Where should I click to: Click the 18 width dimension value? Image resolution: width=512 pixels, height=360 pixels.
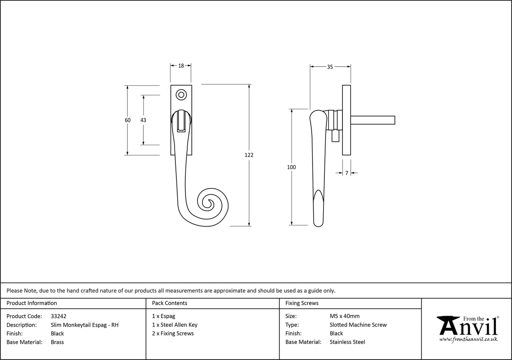pos(181,65)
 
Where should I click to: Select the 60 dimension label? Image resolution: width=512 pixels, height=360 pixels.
pos(127,120)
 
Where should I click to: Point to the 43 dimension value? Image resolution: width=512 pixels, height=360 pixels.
pos(143,120)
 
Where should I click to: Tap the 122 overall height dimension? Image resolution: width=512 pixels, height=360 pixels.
pos(249,155)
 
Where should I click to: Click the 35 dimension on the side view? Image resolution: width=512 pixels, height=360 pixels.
pos(330,67)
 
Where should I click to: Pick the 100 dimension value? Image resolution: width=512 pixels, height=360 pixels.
pos(291,167)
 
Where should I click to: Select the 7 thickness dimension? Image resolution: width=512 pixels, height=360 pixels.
pos(347,173)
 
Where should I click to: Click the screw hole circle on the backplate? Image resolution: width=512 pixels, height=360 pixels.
pos(181,95)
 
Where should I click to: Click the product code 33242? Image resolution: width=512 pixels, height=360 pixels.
pos(59,316)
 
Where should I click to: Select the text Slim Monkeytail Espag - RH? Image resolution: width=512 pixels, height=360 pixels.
pos(85,325)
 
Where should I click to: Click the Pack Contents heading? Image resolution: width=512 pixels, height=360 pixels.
pos(170,303)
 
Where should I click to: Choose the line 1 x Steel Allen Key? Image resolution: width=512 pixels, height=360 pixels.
pos(175,325)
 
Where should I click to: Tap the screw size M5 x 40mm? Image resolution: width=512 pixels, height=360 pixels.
pos(345,316)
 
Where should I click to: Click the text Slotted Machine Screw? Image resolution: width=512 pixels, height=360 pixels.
pos(358,325)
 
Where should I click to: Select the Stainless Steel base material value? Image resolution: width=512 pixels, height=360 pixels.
pos(348,342)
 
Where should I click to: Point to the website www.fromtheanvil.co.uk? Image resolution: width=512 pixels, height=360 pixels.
pos(468,339)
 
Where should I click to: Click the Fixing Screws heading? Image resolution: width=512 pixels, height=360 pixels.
pos(302,303)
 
